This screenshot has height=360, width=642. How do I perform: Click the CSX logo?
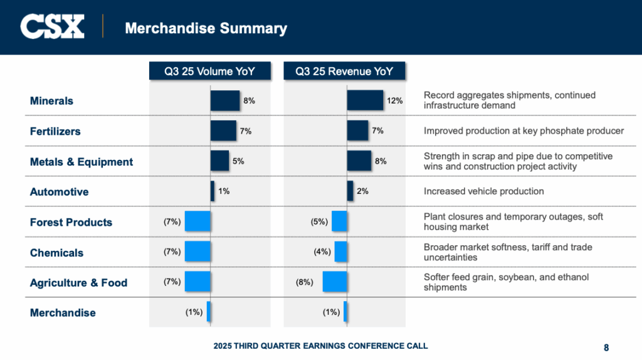tap(52, 27)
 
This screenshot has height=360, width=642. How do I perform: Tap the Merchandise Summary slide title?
tap(206, 28)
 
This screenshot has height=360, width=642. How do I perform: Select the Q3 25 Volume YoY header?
tap(209, 71)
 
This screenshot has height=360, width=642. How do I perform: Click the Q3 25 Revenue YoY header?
tap(344, 71)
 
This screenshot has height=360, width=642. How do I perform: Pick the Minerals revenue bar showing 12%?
tap(365, 100)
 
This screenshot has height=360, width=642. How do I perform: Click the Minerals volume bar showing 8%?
tap(224, 100)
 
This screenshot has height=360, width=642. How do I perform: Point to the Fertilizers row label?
tap(55, 132)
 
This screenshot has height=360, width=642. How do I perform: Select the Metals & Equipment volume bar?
tap(219, 161)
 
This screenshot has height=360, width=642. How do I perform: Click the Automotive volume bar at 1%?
tap(213, 191)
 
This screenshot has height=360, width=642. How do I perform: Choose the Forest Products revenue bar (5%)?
tap(339, 221)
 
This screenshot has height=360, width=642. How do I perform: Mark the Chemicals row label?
tap(56, 253)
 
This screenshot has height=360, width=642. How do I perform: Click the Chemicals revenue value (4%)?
tap(322, 252)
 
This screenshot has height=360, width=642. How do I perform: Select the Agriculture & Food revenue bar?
tap(335, 282)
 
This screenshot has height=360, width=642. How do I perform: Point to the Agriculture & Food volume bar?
tap(197, 282)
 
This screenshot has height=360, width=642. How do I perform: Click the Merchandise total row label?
tap(63, 312)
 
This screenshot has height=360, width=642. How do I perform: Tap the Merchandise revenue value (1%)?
tap(332, 312)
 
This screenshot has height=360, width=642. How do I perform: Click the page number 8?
tap(606, 347)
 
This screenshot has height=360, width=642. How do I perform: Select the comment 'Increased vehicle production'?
tap(483, 191)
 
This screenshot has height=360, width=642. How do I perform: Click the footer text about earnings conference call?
tap(320, 346)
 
